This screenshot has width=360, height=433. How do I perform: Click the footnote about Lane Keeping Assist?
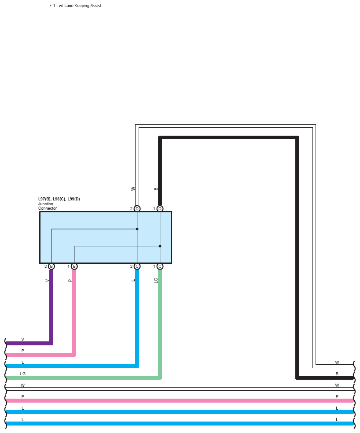[x=75, y=6]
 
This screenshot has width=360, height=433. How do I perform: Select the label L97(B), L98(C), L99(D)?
[x=59, y=199]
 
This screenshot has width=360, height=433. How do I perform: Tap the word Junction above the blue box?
[x=46, y=204]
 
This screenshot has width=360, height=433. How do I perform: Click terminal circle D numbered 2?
[x=137, y=208]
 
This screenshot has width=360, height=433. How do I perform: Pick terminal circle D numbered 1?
[x=160, y=208]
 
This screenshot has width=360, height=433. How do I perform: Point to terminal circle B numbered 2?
[x=51, y=266]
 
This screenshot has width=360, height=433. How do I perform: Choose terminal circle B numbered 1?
[x=74, y=266]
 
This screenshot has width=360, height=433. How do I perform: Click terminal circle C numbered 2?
[x=137, y=266]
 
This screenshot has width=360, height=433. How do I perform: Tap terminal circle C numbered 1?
[x=160, y=266]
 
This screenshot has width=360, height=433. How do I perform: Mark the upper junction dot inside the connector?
[x=137, y=229]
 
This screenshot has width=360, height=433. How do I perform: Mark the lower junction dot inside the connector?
[x=160, y=246]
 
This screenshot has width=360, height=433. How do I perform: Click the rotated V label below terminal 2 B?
[x=47, y=281]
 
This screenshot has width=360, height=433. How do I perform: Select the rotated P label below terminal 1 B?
[x=70, y=281]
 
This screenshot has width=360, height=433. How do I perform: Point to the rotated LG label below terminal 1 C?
[x=156, y=280]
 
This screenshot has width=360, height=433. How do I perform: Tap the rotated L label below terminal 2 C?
[x=133, y=281]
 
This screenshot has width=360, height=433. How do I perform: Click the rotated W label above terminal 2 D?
[x=133, y=189]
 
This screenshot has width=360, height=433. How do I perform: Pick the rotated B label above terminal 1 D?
[x=156, y=189]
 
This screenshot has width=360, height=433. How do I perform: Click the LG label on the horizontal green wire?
[x=23, y=374]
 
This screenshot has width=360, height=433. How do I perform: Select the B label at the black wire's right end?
[x=337, y=374]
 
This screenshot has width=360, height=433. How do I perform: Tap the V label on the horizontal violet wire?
[x=23, y=340]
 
